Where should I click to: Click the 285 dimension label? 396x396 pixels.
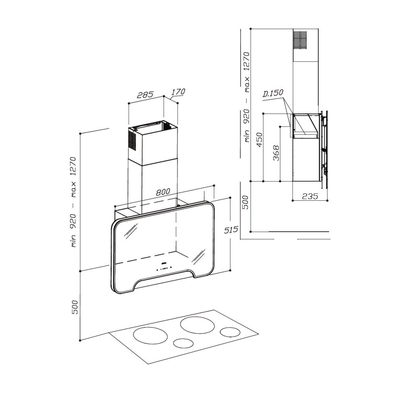145,94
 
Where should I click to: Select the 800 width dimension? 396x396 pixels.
163,192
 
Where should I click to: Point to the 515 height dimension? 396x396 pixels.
231,230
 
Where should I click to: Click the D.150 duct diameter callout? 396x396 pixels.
273,93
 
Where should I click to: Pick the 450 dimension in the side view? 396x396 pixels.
259,140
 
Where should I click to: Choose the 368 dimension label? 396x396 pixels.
276,153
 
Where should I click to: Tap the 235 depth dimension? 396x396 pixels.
310,196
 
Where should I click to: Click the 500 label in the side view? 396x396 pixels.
245,202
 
